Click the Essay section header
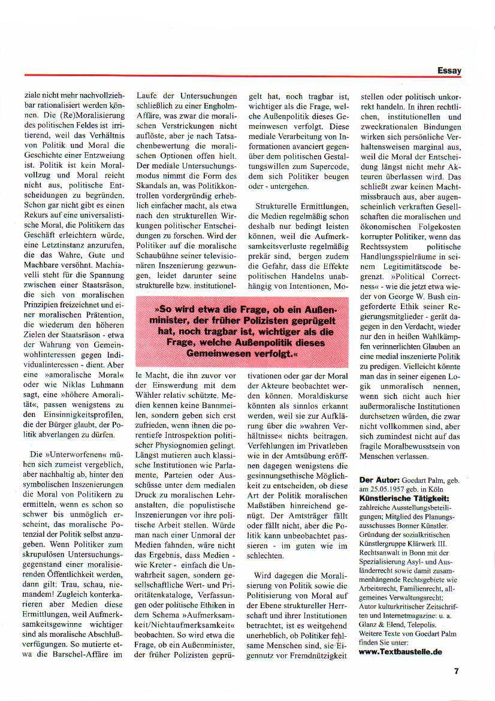pyautogui.click(x=449, y=71)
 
